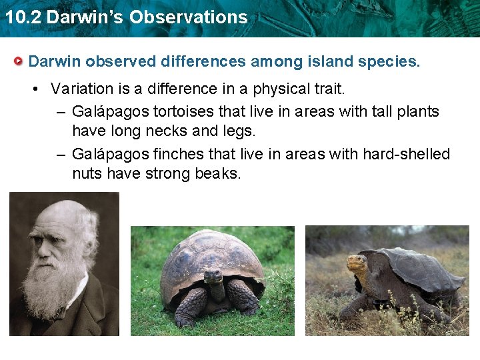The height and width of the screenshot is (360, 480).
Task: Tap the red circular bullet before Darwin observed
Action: pos(20,62)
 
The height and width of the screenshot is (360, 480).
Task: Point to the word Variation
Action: pos(79,89)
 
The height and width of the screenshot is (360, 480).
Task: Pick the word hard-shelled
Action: pos(406,154)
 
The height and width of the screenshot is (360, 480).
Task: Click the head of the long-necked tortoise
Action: pos(358,262)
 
